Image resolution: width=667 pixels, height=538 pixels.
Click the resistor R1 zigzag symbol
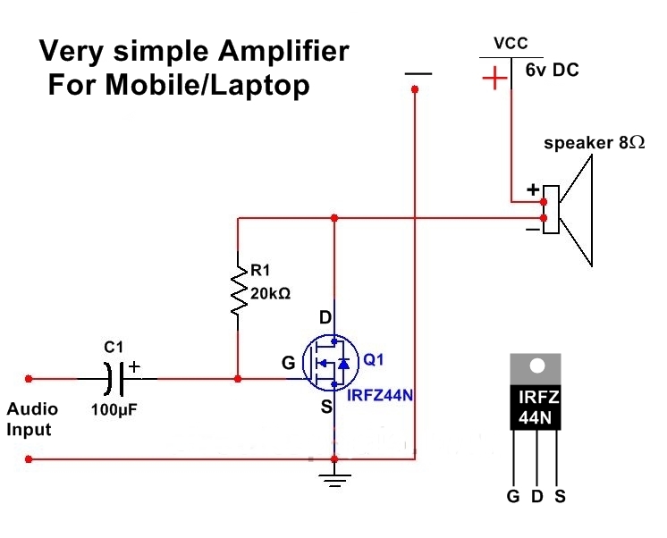coord(239,289)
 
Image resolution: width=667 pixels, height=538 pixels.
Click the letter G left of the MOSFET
coord(287,364)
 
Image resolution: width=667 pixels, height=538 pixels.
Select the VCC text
coord(511,43)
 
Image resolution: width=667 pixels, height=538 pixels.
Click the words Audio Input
coord(32,419)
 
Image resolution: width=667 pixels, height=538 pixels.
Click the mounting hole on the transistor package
coord(537,366)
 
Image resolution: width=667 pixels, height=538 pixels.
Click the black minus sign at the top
coord(417,73)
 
